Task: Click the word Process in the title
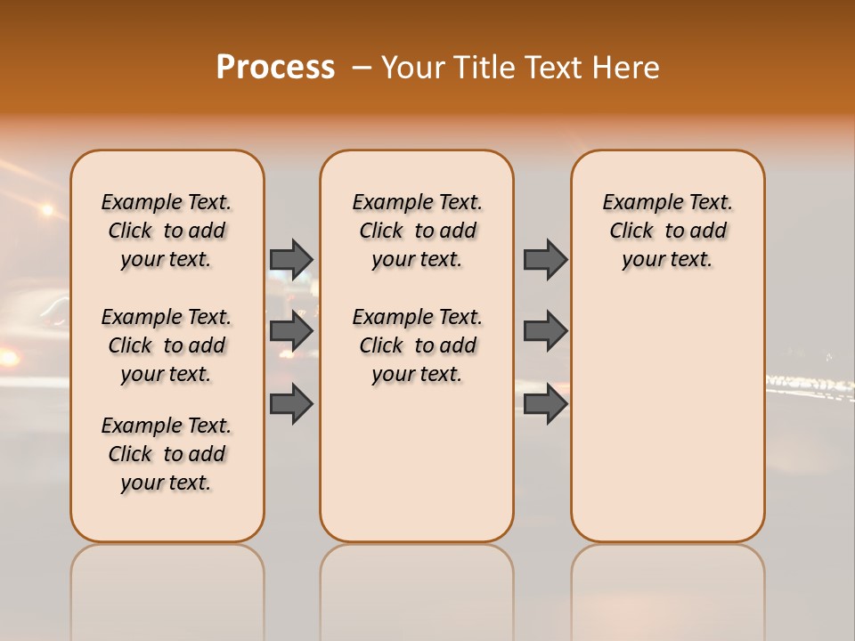click(275, 68)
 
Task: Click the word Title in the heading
click(483, 68)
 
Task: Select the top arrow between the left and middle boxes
click(291, 259)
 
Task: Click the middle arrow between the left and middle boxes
click(291, 331)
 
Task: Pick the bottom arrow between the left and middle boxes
click(291, 403)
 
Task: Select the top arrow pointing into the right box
click(545, 259)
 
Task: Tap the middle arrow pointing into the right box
click(545, 331)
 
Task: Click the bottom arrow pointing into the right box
click(545, 403)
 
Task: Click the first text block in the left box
click(167, 231)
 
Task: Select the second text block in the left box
click(167, 345)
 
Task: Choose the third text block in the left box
click(167, 454)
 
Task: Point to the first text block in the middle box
click(417, 231)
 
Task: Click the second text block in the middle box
click(417, 345)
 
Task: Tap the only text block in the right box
click(667, 231)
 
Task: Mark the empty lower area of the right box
click(667, 418)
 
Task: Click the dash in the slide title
click(361, 69)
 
